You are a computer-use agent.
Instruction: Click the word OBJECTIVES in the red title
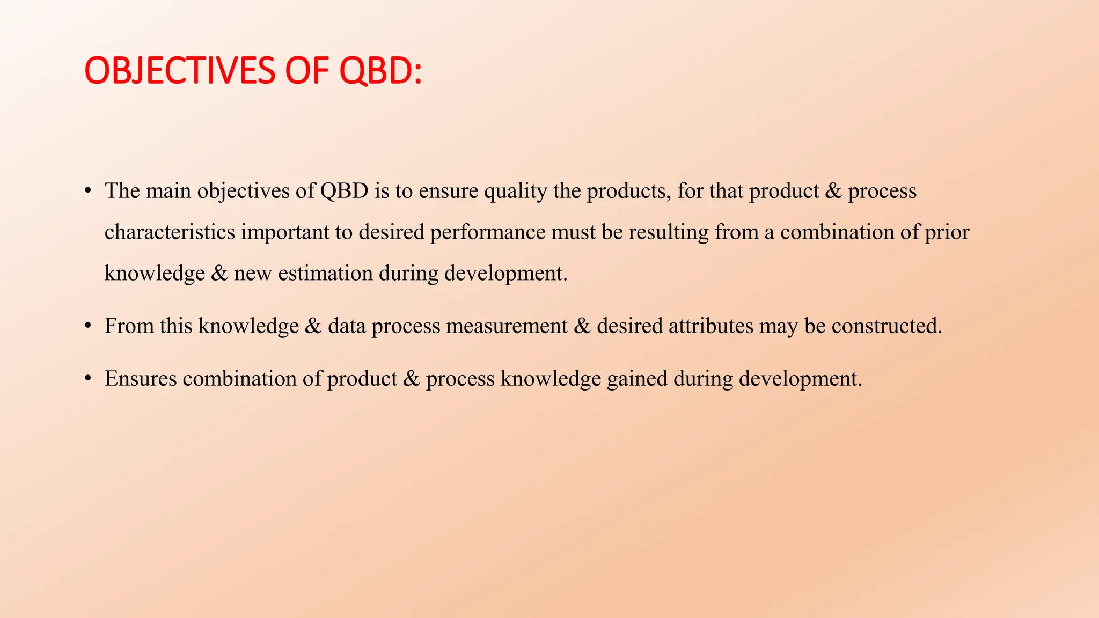click(180, 71)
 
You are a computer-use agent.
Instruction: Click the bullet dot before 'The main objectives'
click(88, 192)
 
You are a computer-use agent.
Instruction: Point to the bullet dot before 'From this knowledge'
click(88, 327)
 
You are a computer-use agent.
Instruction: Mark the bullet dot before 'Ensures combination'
click(88, 379)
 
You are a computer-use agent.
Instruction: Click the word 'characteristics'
click(170, 232)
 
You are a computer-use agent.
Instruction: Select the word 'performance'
click(487, 232)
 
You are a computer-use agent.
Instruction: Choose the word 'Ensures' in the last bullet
click(141, 379)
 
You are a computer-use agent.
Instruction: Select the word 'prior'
click(947, 232)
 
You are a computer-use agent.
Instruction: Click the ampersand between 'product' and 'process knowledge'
click(411, 379)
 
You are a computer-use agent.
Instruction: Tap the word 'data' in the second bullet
click(347, 326)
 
